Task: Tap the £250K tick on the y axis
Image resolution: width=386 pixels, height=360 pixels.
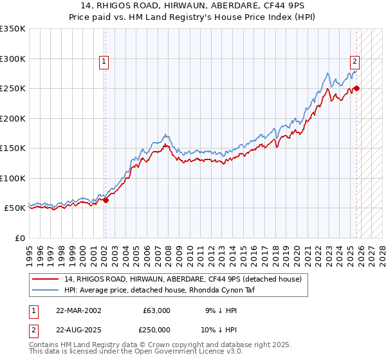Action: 13,89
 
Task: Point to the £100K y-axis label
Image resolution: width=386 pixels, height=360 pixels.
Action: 13,178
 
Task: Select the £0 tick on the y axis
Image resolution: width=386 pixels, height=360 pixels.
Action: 21,238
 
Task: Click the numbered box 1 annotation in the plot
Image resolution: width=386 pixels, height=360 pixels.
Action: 104,62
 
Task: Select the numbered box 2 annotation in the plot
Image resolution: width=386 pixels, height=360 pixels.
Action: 354,62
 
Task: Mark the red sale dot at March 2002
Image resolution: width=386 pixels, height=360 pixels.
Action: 106,200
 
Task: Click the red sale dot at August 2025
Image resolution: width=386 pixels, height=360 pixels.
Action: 357,89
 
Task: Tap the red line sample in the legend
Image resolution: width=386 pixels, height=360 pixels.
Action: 46,279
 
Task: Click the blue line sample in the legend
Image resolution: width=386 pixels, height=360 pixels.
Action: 46,289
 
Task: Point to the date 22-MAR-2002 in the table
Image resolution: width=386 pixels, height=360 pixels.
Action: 78,310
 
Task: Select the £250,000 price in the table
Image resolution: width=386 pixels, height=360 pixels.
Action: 154,329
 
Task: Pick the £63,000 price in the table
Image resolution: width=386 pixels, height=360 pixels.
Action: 156,310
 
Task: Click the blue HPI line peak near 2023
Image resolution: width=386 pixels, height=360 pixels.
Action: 327,73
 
